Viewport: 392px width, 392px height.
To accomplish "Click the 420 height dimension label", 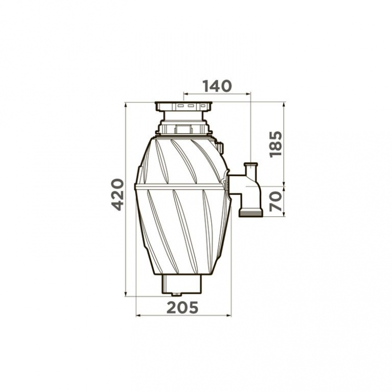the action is tap(117, 194).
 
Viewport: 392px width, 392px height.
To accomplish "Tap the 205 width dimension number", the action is tap(182, 307).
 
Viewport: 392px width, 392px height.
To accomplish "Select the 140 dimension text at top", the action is tap(217, 86).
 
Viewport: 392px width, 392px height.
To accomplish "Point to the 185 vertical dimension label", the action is tap(276, 144).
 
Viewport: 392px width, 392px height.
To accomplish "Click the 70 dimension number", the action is tap(276, 201).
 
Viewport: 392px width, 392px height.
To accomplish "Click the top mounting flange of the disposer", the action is tap(183, 106).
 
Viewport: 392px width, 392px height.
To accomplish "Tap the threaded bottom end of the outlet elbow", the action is tap(251, 213).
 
